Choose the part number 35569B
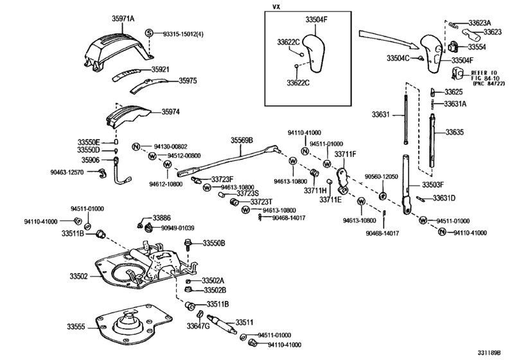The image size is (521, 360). (242, 140)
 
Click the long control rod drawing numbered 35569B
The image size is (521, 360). (231, 159)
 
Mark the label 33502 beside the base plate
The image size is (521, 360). (79, 276)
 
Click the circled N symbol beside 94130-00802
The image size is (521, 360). (136, 147)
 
